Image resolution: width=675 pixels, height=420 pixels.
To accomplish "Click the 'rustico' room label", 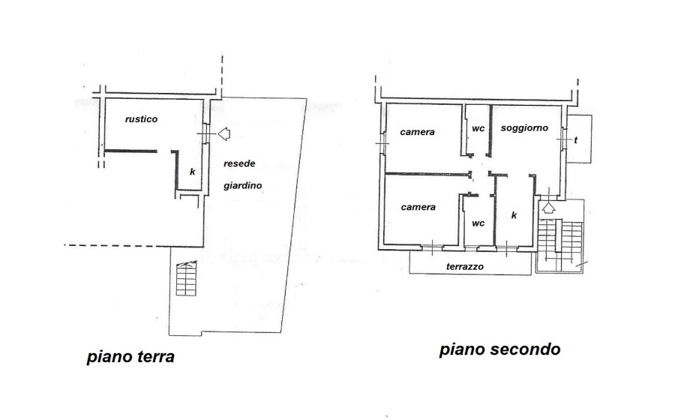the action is (141, 119).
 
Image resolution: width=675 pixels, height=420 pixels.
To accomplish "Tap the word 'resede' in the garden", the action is (239, 163).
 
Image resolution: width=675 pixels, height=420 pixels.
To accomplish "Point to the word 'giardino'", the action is (243, 186).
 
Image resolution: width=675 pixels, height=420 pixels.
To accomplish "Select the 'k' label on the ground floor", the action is (193, 172).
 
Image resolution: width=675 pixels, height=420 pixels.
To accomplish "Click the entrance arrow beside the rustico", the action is (223, 133).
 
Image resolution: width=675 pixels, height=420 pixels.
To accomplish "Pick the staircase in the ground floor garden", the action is (187, 278).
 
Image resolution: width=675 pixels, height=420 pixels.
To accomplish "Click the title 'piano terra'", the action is (130, 357).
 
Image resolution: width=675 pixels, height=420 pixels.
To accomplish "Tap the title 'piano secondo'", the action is (499, 349).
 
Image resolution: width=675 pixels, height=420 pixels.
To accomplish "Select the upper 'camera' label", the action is (417, 132).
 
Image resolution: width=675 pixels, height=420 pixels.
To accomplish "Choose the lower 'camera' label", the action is (418, 208).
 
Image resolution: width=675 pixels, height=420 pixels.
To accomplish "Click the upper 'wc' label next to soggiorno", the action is (478, 129).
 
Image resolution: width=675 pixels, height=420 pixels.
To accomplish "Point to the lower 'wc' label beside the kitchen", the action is (478, 223).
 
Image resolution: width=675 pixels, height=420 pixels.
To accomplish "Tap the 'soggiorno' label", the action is (524, 128).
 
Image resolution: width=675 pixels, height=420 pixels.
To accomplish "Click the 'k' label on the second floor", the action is (514, 215).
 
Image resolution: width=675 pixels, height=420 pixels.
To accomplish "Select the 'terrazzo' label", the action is (465, 267).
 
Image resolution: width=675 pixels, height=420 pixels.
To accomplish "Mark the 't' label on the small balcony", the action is (575, 140).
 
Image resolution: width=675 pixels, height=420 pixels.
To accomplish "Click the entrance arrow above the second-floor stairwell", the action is (548, 208).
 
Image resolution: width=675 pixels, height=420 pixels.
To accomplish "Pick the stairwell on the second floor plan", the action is (560, 246).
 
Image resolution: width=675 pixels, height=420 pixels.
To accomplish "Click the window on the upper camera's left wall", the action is (382, 142).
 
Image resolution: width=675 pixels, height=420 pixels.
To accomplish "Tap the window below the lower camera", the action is (432, 247).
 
